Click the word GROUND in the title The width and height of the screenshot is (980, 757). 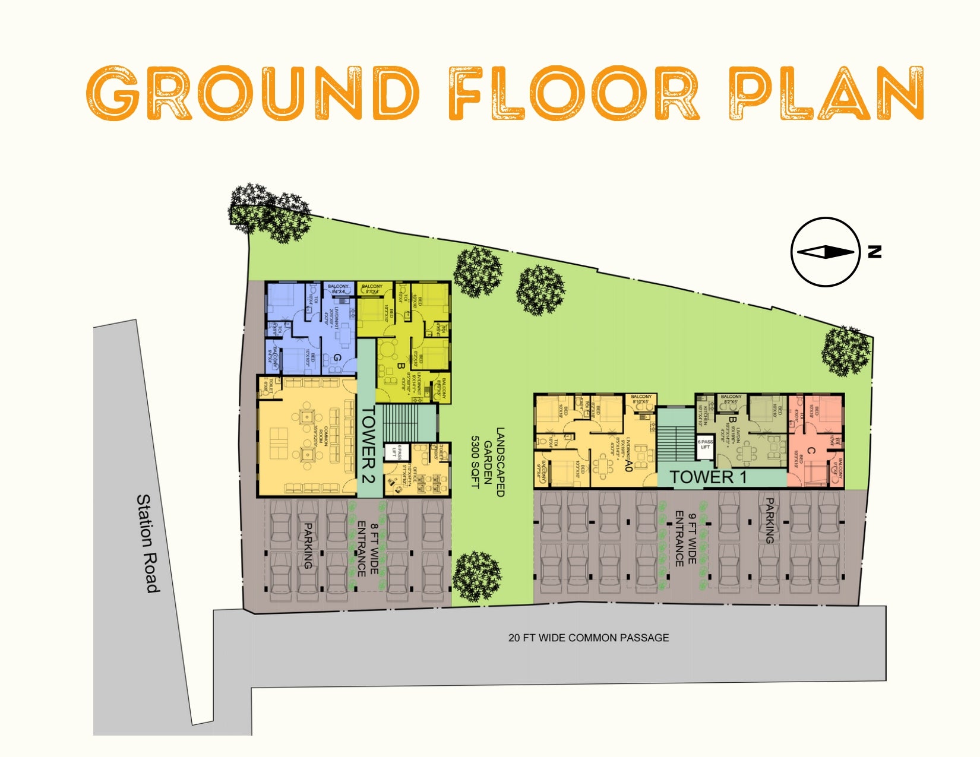pos(252,94)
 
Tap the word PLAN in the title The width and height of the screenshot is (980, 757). pos(826,94)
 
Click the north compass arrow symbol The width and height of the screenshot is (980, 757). pos(826,252)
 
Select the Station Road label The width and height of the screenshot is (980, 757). pos(148,543)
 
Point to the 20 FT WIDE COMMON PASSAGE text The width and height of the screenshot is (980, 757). pos(588,638)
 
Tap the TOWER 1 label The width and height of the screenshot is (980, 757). pos(709,477)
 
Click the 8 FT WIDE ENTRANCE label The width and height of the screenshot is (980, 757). pos(368,549)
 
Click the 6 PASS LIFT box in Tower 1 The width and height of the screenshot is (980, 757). pos(705,445)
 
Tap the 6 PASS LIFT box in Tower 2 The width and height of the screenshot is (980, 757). pos(393,452)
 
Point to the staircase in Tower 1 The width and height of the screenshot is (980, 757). pos(676,442)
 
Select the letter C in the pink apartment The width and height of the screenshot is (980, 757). pos(811,452)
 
